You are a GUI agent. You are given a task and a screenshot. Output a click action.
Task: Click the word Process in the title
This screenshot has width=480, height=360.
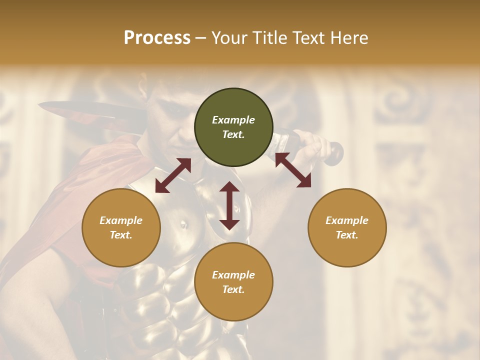click(157, 38)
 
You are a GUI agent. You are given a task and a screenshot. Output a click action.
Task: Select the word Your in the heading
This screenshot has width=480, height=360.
click(228, 38)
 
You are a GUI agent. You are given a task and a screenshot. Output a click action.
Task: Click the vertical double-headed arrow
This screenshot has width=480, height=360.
click(229, 205)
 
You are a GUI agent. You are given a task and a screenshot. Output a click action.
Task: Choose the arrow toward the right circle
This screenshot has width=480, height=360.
click(293, 170)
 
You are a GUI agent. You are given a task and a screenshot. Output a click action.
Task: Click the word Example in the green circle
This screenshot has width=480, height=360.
click(233, 120)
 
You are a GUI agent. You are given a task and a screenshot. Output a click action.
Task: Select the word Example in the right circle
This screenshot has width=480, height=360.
click(347, 220)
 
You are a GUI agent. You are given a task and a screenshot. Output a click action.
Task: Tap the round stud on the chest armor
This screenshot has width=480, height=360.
click(183, 224)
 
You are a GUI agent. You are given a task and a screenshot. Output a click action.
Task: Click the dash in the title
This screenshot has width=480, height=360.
click(200, 38)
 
